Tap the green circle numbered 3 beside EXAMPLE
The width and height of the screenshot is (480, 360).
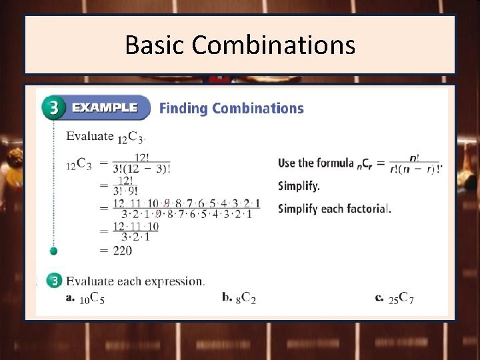(x=53, y=108)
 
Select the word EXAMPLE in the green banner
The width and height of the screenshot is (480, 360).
(x=105, y=107)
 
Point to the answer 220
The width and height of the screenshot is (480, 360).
(x=122, y=251)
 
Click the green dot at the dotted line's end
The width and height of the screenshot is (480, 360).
(x=54, y=251)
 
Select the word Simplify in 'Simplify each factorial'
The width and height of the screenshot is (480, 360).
(x=297, y=209)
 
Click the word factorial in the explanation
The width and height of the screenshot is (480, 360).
(x=368, y=209)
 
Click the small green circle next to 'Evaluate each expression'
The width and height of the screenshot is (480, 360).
(x=54, y=281)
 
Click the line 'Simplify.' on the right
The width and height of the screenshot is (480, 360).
(x=299, y=186)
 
